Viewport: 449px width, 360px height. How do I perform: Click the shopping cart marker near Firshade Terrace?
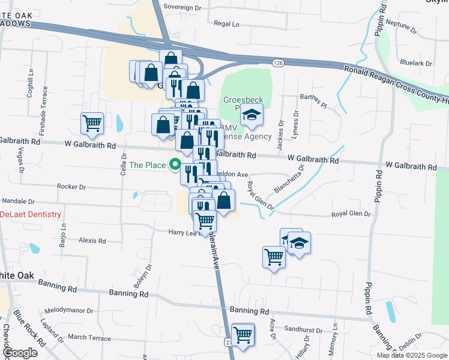tap(92, 124)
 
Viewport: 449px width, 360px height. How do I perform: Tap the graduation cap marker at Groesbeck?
tap(253, 115)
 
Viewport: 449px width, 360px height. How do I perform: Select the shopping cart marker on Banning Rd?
tap(243, 335)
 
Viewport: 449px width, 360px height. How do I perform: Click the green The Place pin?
tap(176, 163)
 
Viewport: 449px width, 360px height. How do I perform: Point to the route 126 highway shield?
tap(277, 62)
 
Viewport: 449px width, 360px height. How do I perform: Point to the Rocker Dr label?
tap(71, 187)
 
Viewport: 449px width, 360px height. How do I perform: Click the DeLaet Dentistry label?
tap(31, 214)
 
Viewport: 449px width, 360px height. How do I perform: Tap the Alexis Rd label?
tap(92, 240)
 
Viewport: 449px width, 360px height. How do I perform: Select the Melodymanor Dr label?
tap(69, 311)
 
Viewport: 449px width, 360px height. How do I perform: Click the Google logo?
tap(20, 353)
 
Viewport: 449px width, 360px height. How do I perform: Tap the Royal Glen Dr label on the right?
tap(352, 214)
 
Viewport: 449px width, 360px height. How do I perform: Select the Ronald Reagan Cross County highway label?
tap(396, 83)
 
